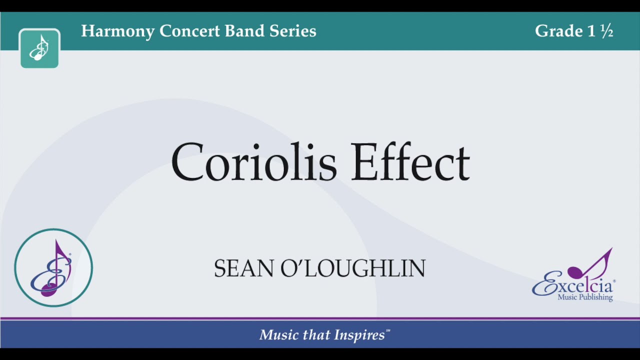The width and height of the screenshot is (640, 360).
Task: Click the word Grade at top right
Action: [x=558, y=31]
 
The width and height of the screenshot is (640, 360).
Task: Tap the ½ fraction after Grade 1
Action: [x=607, y=31]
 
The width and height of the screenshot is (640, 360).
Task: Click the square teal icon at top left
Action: [x=39, y=48]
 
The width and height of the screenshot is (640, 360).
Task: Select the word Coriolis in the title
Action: [x=254, y=162]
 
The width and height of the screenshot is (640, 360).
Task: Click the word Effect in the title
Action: [x=410, y=162]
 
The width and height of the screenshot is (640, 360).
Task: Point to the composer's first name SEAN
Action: [x=244, y=269]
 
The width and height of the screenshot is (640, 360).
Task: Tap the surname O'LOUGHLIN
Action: [x=353, y=269]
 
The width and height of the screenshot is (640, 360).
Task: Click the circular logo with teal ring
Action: [x=53, y=268]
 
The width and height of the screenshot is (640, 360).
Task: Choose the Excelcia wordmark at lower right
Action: [x=572, y=286]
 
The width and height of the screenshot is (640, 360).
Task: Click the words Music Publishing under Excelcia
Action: [x=585, y=297]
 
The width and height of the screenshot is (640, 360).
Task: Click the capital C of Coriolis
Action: [x=187, y=162]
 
